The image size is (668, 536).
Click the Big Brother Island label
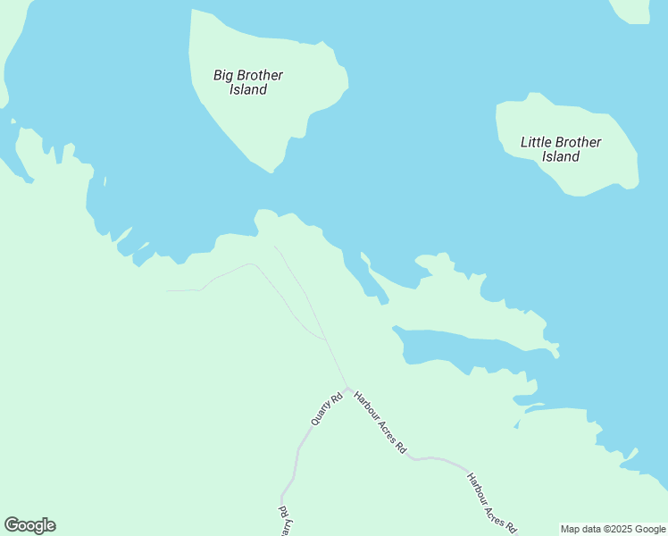coord(248,82)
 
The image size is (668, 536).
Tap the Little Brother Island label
coord(561,149)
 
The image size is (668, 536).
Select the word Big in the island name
coord(223,75)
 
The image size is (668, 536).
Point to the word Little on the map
coord(537,142)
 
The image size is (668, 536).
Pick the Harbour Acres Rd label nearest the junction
coord(380,422)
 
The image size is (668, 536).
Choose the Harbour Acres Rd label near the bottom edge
coord(491,503)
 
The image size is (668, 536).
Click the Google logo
coord(29,525)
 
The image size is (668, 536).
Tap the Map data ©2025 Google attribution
coord(613,529)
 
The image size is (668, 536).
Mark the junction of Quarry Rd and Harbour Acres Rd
coord(347,389)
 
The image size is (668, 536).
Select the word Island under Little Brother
coord(561,156)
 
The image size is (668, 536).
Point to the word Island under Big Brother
coord(248,89)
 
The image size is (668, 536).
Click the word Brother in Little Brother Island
coord(579,142)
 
